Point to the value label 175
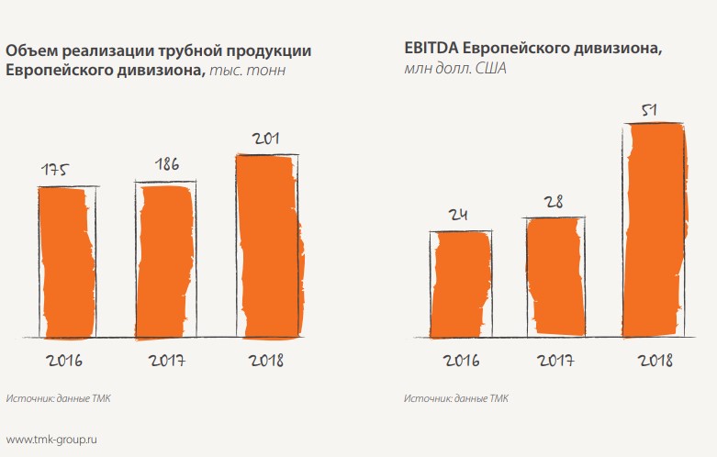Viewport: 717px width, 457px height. click(56, 170)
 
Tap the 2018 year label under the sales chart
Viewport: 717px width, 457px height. click(265, 359)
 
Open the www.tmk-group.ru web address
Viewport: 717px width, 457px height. click(51, 440)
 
